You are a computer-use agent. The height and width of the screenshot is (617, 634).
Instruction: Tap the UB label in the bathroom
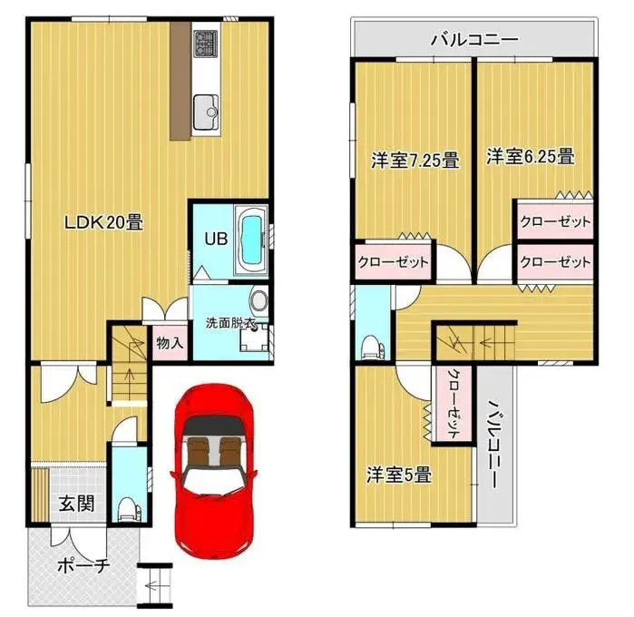tap(214, 240)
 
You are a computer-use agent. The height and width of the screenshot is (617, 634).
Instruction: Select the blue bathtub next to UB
tap(249, 239)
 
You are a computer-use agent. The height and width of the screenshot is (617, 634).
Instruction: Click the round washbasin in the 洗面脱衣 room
tap(258, 302)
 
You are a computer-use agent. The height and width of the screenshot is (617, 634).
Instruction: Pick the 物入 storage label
tap(170, 343)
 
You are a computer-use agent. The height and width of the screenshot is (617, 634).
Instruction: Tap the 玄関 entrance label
tap(76, 504)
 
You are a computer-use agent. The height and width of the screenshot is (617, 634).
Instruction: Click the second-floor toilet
tap(371, 344)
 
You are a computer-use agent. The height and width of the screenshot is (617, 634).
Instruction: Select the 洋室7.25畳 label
tap(414, 162)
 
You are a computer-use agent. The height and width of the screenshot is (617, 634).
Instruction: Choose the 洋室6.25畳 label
tap(531, 157)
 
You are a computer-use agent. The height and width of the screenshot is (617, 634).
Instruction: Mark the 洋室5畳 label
tap(398, 474)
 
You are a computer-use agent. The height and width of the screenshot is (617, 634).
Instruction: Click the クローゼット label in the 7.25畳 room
tap(392, 262)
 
